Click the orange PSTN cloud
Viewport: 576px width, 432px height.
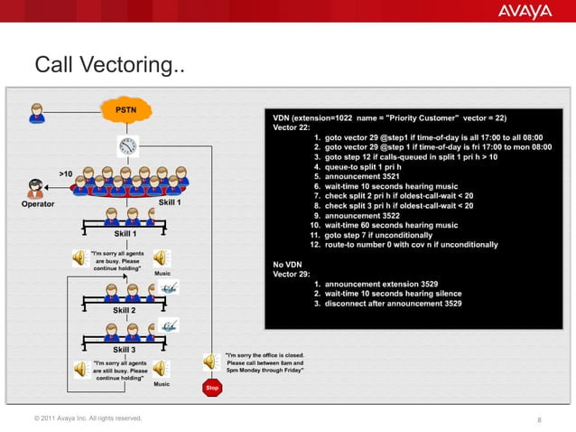[126, 110]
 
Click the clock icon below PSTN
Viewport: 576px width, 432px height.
[126, 146]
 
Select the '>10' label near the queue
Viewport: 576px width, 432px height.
[66, 172]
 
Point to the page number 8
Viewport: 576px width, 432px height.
[538, 419]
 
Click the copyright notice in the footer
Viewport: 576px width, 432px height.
[88, 418]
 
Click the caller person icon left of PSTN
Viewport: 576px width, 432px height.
[37, 112]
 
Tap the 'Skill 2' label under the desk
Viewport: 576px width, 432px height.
[125, 310]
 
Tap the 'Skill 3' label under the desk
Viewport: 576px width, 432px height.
[125, 349]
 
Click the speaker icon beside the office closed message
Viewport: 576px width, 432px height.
[209, 362]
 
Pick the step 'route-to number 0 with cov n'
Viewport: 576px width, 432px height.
[404, 244]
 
